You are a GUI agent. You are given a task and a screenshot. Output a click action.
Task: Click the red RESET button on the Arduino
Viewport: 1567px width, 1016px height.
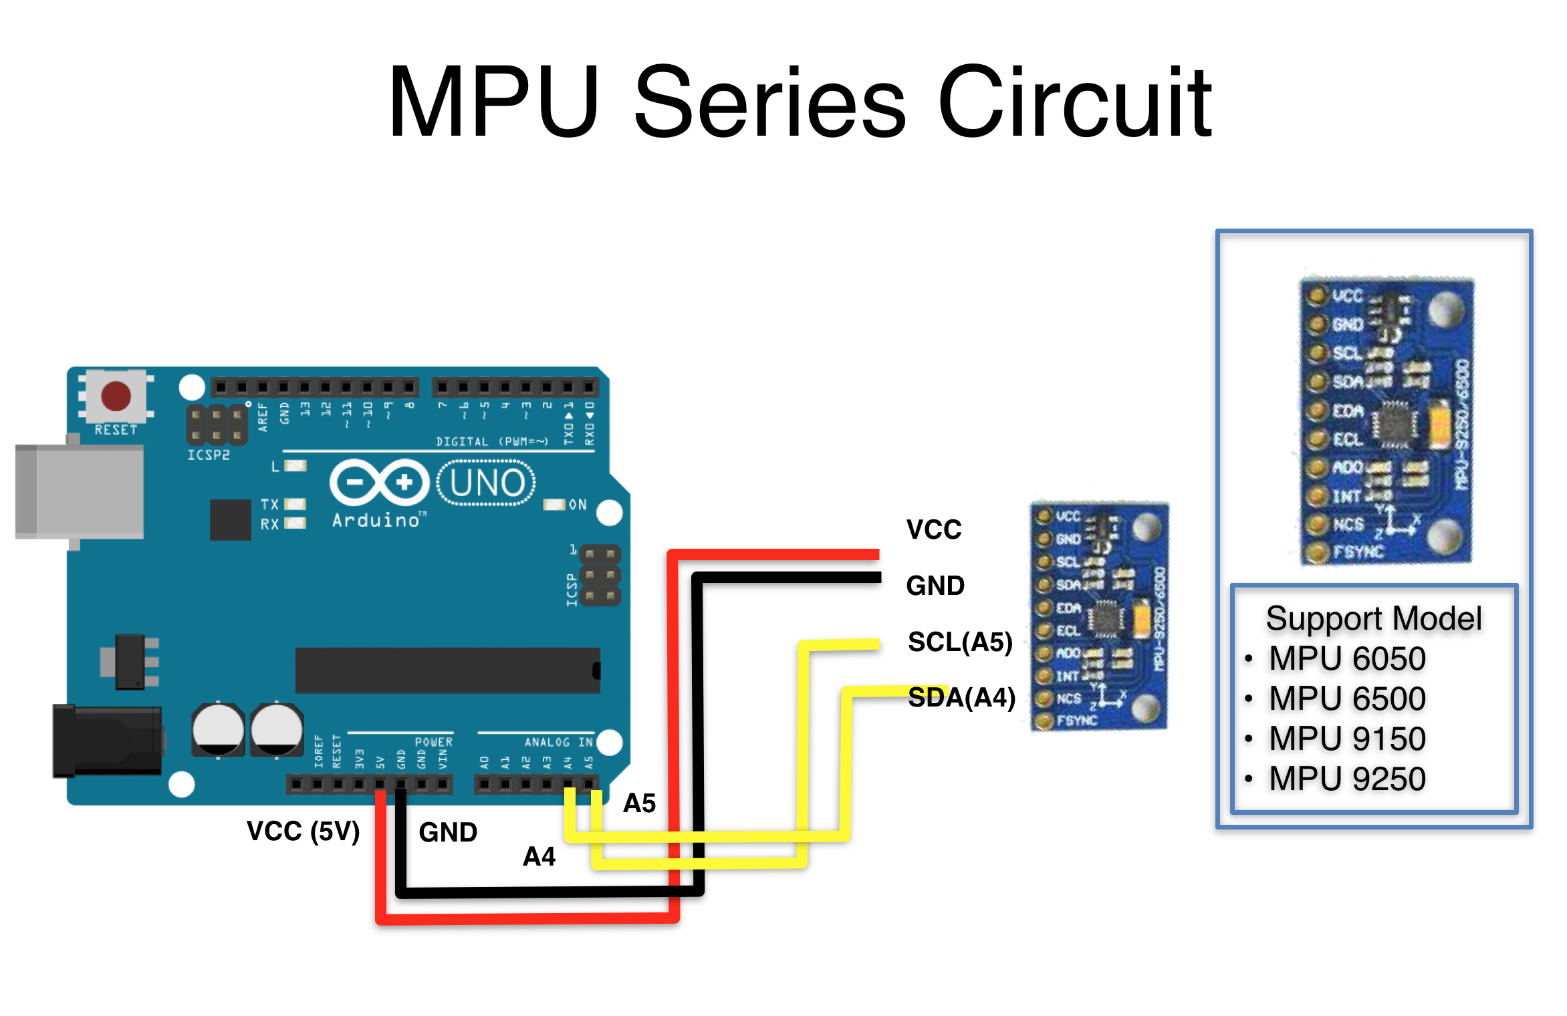coord(116,396)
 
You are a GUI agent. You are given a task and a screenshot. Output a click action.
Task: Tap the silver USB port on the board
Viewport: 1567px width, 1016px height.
coord(80,491)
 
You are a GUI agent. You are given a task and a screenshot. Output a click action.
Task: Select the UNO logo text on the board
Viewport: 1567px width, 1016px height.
coord(487,483)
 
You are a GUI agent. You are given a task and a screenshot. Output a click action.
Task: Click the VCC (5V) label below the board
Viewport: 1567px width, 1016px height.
coord(303,832)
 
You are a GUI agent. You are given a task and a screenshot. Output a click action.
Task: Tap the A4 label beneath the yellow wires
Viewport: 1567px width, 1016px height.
coord(539,856)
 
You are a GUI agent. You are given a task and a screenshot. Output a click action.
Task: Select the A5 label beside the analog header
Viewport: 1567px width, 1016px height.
coord(639,803)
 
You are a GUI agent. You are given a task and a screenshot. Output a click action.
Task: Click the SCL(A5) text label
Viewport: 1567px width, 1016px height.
coord(960,642)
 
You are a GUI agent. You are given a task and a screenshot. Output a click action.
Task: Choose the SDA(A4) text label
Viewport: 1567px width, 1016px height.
coord(961,698)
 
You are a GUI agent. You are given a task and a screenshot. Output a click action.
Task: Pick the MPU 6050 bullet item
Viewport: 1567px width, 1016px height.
coord(1347,659)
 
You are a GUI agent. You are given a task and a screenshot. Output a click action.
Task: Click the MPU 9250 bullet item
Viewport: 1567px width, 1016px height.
coord(1347,779)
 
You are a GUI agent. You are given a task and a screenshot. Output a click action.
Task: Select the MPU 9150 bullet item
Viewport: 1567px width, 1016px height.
coord(1347,739)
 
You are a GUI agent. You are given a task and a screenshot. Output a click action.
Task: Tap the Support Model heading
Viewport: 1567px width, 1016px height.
coord(1374,618)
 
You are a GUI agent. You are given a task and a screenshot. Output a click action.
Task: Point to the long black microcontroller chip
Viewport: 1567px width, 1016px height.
coord(447,670)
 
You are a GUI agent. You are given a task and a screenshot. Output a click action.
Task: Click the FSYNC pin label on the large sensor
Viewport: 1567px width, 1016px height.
coord(1357,552)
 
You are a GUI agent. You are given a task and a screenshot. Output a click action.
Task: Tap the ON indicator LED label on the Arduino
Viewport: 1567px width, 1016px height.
coord(577,505)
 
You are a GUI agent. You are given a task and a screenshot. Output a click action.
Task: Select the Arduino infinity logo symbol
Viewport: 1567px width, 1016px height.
coord(379,482)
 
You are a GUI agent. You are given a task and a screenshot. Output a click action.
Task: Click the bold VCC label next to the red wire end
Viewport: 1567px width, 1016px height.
coord(933,529)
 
